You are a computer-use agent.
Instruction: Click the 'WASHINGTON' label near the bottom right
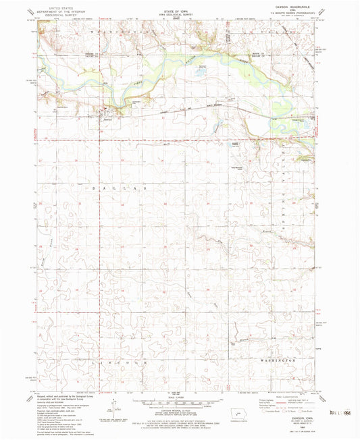279,361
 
